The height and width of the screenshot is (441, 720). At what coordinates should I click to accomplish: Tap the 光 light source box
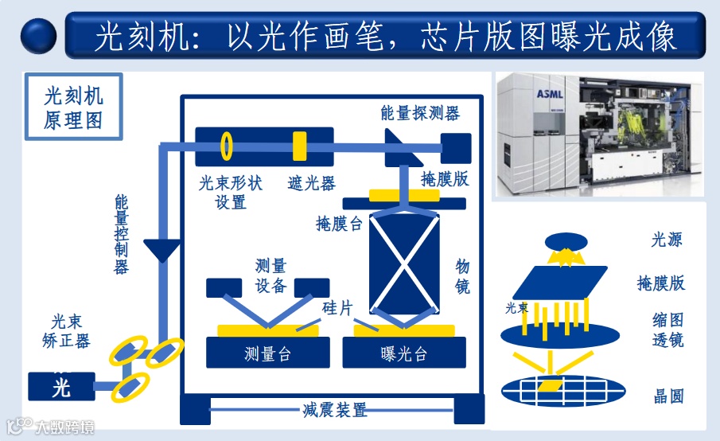[x=61, y=387]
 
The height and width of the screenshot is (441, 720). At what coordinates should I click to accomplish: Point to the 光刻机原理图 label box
[x=73, y=107]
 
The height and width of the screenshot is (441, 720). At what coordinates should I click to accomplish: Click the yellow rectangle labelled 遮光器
[x=299, y=146]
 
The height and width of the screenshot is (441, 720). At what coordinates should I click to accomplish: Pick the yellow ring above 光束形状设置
[x=227, y=146]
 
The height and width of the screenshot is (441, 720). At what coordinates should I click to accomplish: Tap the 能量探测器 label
[x=420, y=113]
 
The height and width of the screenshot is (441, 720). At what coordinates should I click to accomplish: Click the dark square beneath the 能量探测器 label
[x=456, y=147]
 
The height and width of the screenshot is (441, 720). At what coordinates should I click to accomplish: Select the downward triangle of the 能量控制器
[x=165, y=252]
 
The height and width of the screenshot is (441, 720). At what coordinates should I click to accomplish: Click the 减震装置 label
[x=334, y=411]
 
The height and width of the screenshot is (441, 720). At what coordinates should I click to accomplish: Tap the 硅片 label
[x=337, y=308]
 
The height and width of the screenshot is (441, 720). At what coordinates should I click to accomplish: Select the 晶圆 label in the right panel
[x=669, y=396]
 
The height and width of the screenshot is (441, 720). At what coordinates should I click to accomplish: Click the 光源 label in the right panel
[x=667, y=239]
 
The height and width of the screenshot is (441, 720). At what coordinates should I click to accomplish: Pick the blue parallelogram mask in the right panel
[x=565, y=283]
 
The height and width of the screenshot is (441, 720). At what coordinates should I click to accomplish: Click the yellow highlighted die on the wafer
[x=549, y=385]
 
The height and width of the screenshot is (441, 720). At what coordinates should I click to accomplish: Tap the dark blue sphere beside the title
[x=38, y=36]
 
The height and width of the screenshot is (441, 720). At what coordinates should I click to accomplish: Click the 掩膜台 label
[x=339, y=224]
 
